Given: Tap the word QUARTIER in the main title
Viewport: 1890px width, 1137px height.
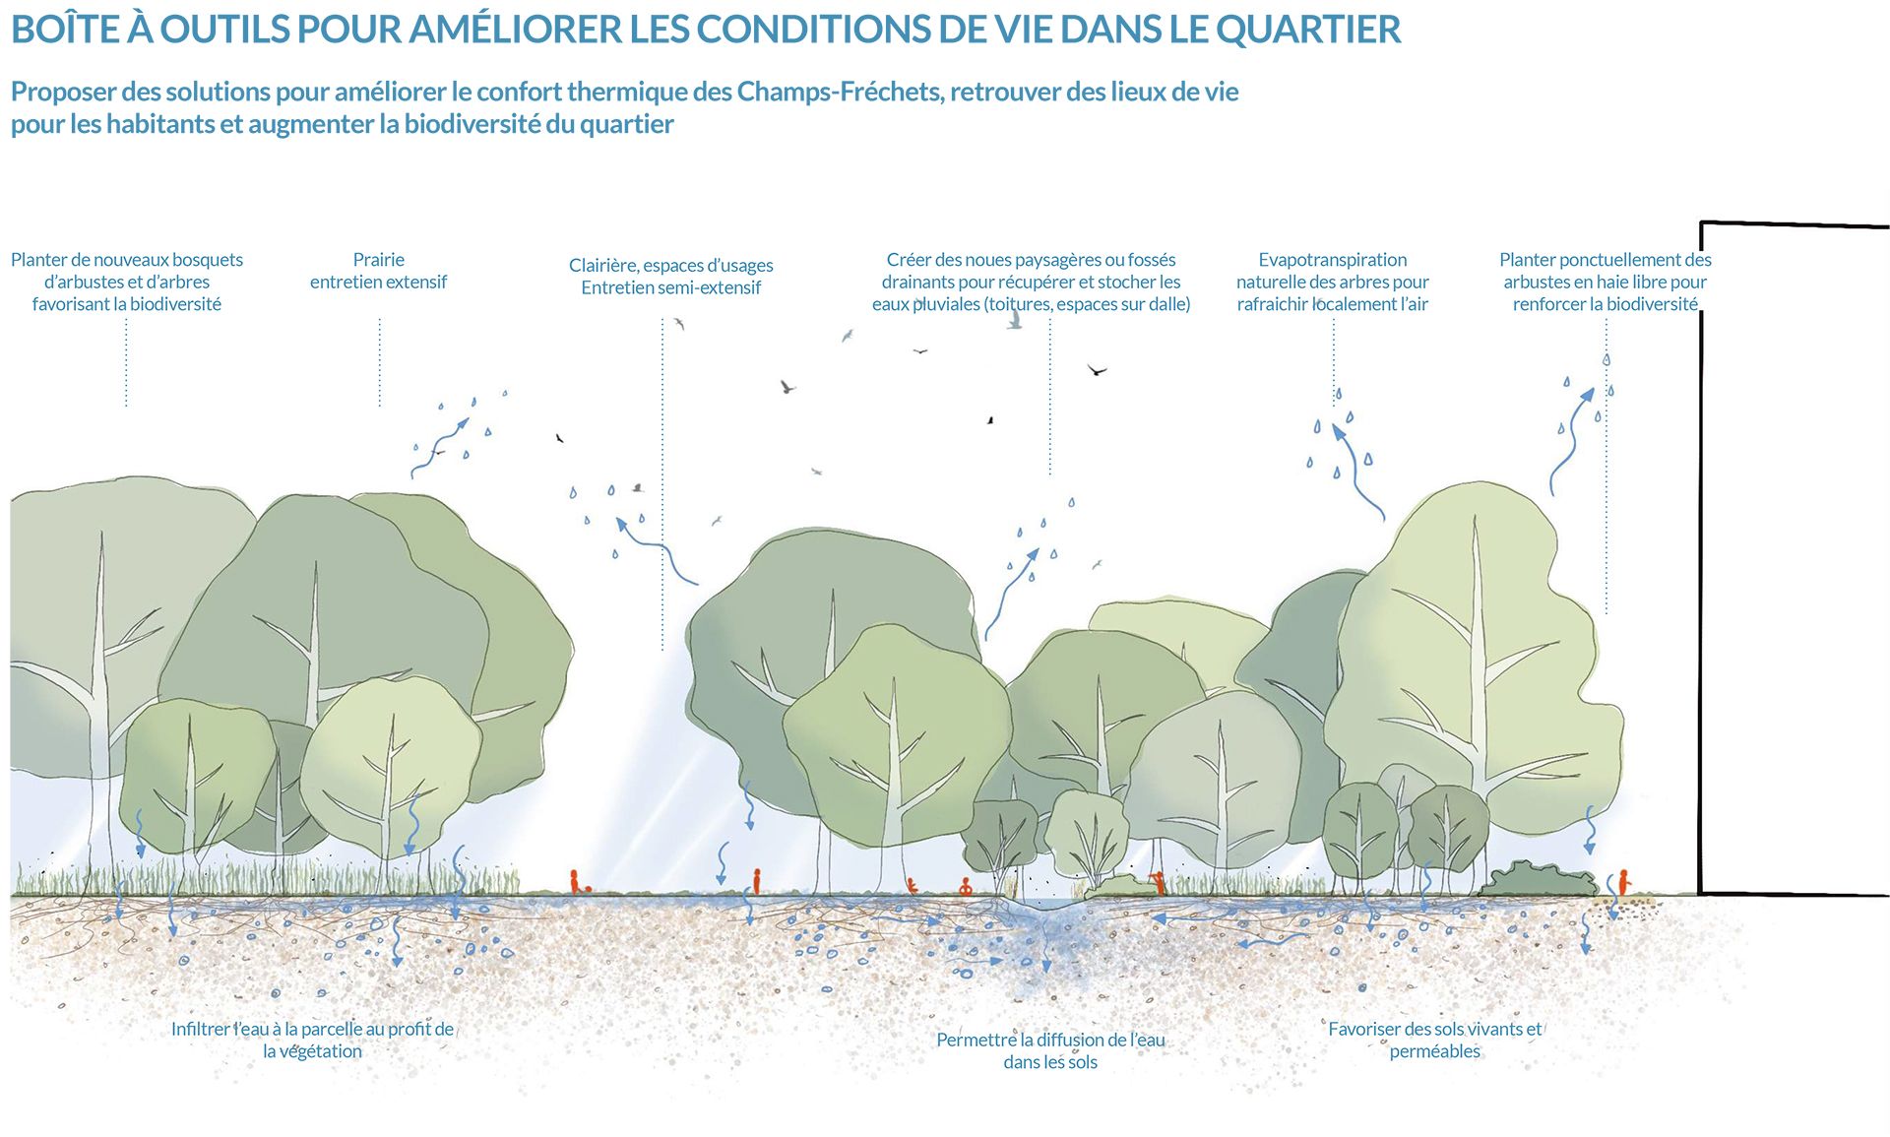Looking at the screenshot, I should pos(1308,31).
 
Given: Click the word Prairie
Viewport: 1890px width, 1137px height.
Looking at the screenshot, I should pos(378,260).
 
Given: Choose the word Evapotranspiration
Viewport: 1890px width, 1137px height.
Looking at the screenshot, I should pos(1332,260).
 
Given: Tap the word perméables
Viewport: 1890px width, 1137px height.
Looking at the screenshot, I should pos(1434,1051).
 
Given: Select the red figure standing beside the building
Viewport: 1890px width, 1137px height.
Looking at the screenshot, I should pos(1622,881).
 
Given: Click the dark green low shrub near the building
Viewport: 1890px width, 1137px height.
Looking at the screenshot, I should pos(1536,879).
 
